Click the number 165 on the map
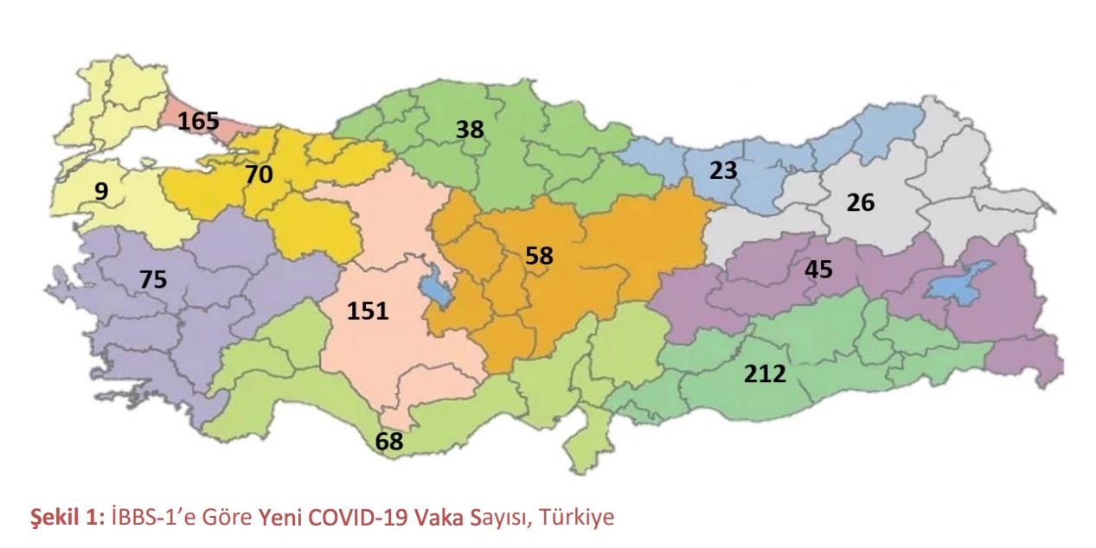[x=198, y=120]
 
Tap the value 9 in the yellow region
[x=101, y=191]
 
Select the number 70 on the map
[x=258, y=175]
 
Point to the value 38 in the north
[x=470, y=130]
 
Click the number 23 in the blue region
[x=723, y=170]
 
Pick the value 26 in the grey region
[x=861, y=203]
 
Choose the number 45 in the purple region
[x=817, y=270]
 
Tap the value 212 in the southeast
[x=765, y=374]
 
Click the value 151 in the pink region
[x=368, y=311]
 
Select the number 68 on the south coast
[x=389, y=442]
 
